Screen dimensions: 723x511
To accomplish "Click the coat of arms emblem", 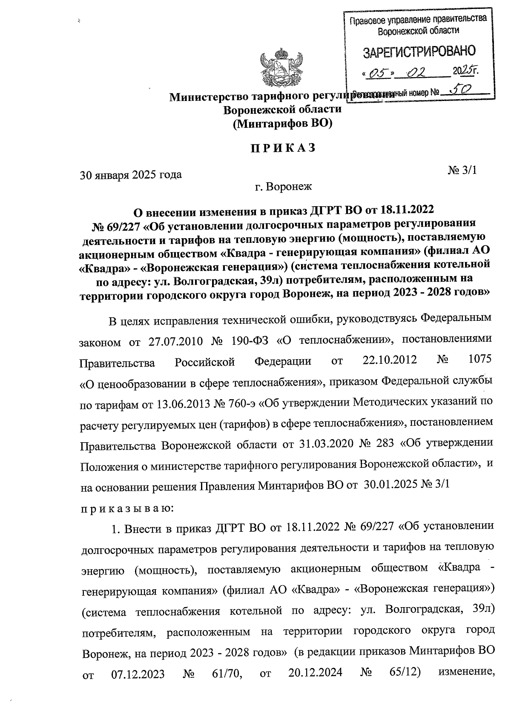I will [x=281, y=68].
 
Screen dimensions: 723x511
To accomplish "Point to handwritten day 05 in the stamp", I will [x=377, y=73].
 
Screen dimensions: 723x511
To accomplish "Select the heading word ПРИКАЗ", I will [x=282, y=148].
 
